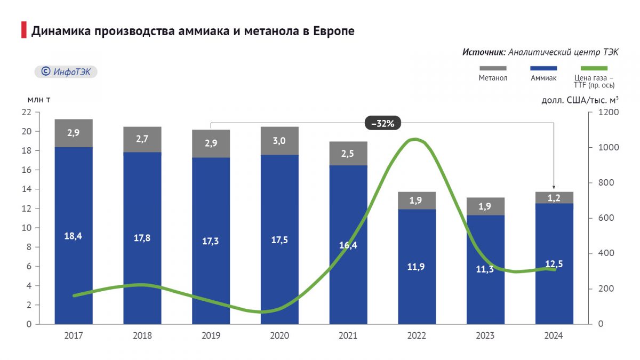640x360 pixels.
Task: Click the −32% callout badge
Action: point(382,123)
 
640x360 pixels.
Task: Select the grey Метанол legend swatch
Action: point(493,68)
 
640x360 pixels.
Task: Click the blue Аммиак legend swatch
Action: point(543,68)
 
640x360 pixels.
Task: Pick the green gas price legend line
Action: point(594,68)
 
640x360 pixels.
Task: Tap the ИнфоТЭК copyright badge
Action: point(66,71)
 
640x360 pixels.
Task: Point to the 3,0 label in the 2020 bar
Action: point(279,141)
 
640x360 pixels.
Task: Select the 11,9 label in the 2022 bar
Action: point(417,267)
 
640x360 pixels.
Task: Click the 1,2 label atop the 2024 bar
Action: point(554,197)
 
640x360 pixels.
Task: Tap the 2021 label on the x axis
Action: point(348,336)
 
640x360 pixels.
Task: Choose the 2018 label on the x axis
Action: point(142,336)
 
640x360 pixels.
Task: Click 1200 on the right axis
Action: point(608,112)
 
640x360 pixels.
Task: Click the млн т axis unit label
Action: point(39,99)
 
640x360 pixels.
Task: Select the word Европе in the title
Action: point(331,31)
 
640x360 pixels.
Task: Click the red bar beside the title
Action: point(23,30)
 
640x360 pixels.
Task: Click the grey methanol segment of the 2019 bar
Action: point(211,143)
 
